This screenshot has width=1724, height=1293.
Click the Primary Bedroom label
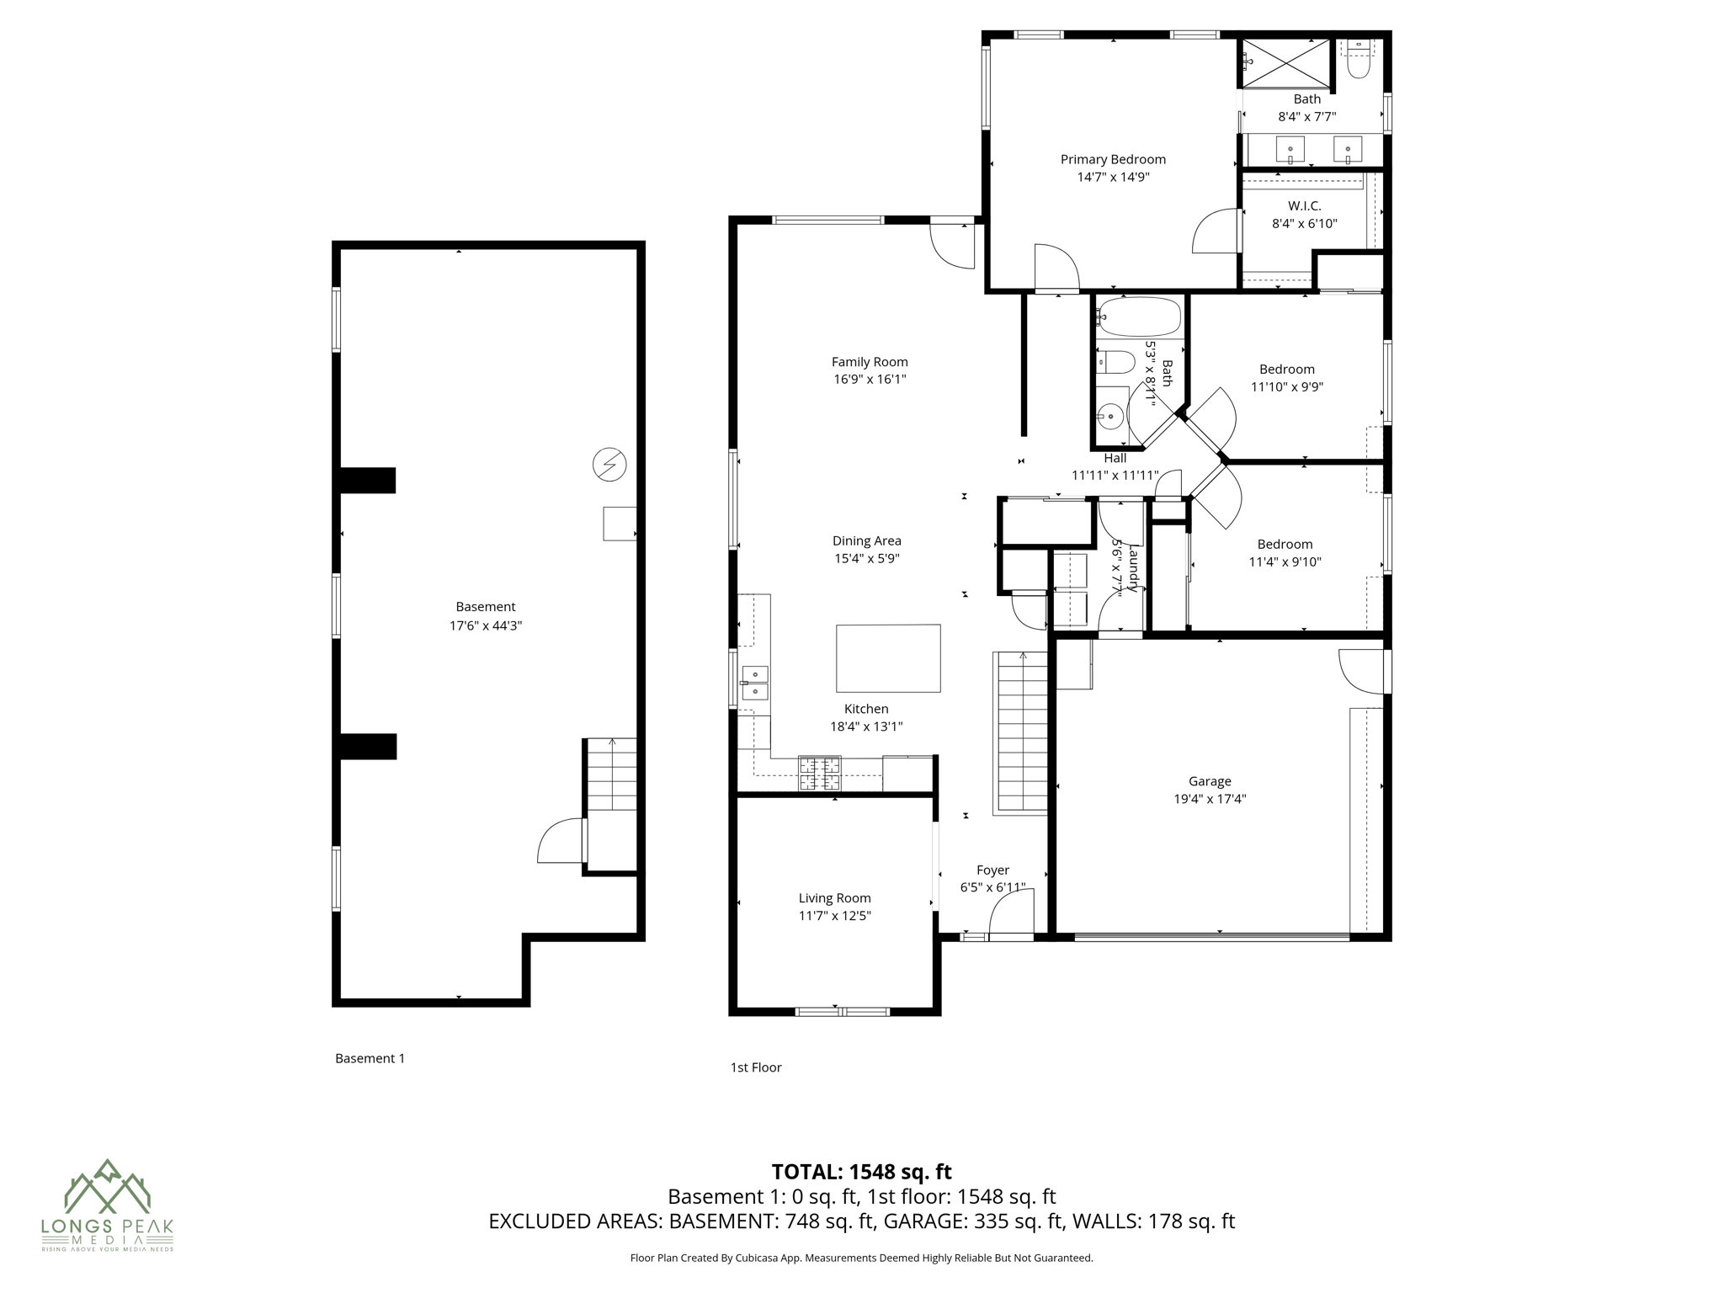tap(1113, 159)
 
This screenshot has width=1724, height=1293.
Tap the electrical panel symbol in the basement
tap(609, 465)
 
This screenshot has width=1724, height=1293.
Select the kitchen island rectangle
tap(888, 658)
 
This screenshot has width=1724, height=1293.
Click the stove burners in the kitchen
tap(819, 774)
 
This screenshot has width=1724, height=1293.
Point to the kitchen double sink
tap(755, 683)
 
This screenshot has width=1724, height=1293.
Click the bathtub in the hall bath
tap(1141, 317)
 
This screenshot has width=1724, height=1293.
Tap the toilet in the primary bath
tap(1359, 61)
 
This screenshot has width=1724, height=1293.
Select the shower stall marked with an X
tap(1286, 62)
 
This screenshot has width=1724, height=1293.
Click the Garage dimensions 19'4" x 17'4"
tap(1210, 799)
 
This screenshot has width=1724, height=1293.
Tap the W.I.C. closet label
tap(1304, 206)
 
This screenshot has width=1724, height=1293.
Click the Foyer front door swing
tap(1010, 918)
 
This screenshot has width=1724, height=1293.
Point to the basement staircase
tap(612, 775)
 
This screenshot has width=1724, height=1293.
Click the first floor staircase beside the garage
tap(1022, 732)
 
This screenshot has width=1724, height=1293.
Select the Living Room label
tap(834, 898)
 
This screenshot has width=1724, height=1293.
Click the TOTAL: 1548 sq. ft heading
tap(861, 1171)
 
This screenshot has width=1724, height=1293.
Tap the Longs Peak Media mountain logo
tap(107, 1186)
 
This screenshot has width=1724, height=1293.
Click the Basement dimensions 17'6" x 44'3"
tap(486, 625)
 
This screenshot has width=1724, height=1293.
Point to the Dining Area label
tap(866, 541)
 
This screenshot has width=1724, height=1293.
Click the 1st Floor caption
tap(756, 1067)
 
